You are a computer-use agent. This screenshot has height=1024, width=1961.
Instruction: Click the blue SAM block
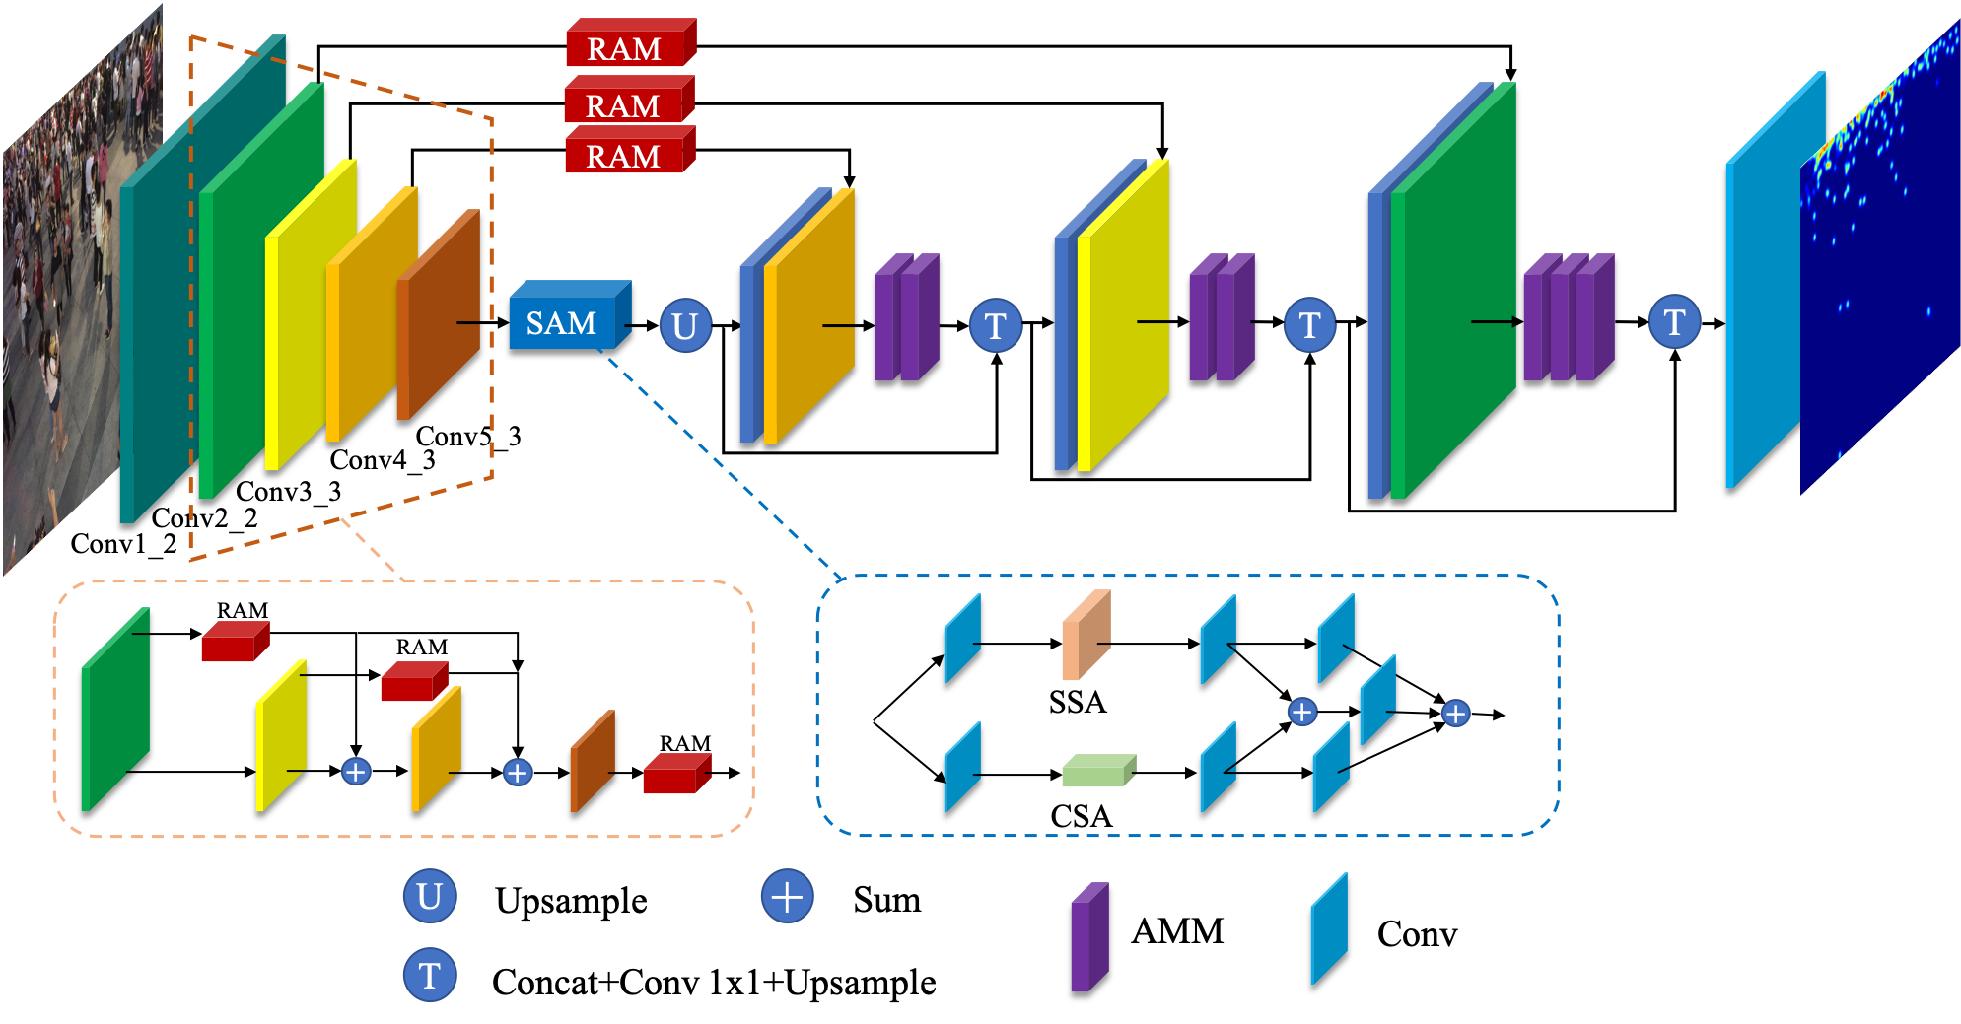tap(570, 315)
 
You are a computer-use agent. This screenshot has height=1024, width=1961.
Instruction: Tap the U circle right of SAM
tap(685, 325)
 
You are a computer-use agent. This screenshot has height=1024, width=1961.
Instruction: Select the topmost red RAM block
tap(631, 42)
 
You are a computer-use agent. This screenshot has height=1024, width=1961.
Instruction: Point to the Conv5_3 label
tap(468, 436)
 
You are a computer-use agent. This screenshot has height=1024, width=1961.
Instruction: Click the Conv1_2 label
tap(123, 544)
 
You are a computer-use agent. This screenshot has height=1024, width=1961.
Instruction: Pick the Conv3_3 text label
tap(288, 491)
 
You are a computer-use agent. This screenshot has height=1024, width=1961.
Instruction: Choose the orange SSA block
tap(1086, 635)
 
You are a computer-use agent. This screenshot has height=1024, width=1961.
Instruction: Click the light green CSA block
tap(1099, 770)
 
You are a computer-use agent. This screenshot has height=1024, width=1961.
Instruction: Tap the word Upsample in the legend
tap(571, 901)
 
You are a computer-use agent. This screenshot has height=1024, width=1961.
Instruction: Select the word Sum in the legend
tap(886, 900)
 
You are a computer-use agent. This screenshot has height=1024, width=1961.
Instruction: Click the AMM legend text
tap(1177, 931)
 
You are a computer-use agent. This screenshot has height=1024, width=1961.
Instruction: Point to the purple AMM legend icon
tap(1089, 936)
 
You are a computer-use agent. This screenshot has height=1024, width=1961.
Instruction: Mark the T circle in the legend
tap(430, 975)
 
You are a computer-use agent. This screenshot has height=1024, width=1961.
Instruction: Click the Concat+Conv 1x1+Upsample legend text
tap(714, 983)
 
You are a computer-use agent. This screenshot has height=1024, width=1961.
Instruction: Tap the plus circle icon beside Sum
tap(787, 897)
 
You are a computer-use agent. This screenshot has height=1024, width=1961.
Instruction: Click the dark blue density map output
tap(1879, 256)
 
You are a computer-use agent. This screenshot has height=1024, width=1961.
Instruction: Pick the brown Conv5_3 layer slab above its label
tap(439, 314)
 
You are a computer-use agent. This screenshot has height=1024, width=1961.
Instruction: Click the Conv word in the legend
tap(1417, 934)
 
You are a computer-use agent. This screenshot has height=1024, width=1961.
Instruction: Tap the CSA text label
tap(1081, 816)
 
